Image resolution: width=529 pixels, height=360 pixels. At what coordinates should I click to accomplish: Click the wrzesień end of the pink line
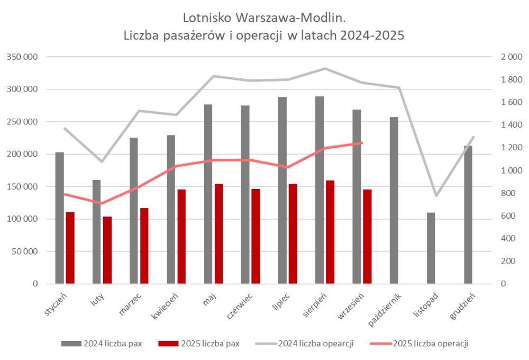pyautogui.click(x=362, y=143)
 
